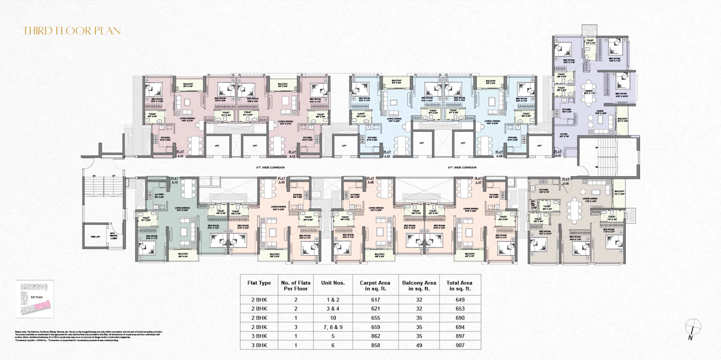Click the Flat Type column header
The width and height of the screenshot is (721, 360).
(260, 283)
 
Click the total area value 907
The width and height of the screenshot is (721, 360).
(460, 344)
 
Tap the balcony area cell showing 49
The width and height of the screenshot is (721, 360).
(419, 344)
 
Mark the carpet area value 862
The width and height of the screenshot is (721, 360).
(370, 336)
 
